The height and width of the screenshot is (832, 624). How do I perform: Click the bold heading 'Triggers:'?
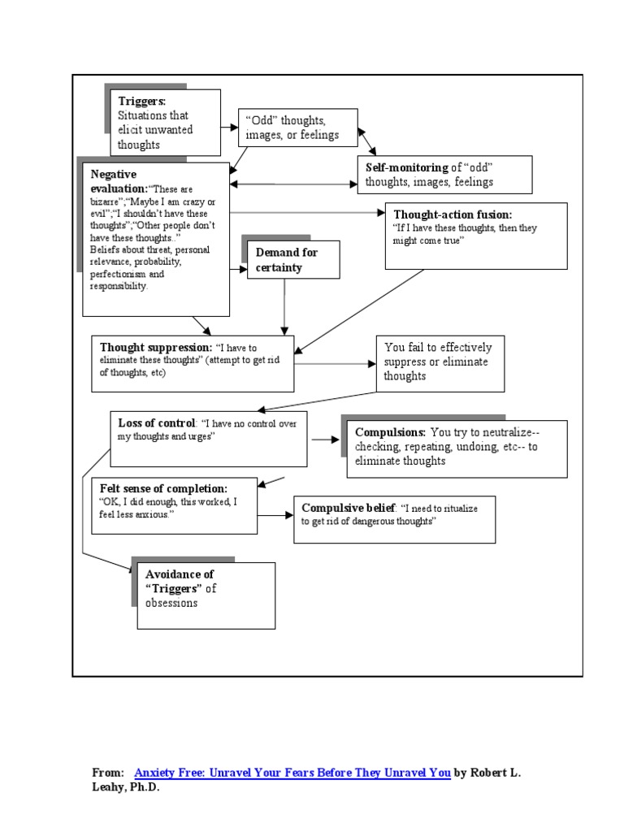[142, 101]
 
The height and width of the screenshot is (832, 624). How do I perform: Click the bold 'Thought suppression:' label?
[155, 348]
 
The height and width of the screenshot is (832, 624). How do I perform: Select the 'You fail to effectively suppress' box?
[439, 362]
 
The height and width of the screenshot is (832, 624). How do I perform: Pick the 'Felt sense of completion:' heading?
[163, 489]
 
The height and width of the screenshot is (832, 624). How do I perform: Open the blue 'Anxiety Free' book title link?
[292, 773]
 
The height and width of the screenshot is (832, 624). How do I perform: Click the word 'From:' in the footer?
[108, 773]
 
